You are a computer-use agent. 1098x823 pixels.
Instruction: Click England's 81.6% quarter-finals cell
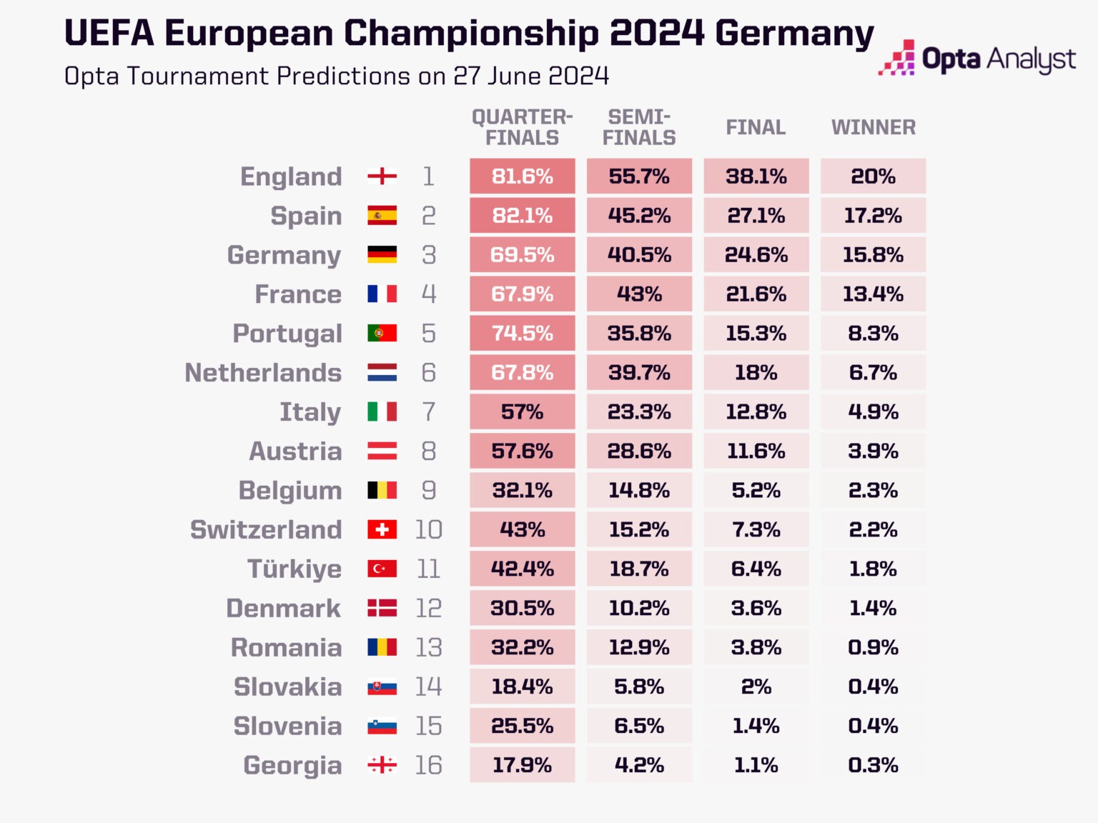point(522,176)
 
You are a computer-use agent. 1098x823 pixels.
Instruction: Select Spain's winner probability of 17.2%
point(873,216)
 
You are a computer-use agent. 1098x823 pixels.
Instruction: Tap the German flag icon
point(382,255)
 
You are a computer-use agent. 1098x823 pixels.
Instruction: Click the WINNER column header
point(873,127)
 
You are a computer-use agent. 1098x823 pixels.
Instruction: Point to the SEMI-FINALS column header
point(639,127)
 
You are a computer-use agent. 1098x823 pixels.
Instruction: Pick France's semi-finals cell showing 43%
point(639,294)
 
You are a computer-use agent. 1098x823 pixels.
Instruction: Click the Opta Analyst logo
point(977,59)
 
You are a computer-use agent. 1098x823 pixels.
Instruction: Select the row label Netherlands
point(263,373)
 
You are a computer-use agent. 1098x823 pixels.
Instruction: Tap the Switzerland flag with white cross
point(382,529)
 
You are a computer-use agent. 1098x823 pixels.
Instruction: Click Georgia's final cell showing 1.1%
point(756,765)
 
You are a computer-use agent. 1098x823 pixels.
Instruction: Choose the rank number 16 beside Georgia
point(428,765)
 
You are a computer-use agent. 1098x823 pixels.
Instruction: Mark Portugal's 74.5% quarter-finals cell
point(522,334)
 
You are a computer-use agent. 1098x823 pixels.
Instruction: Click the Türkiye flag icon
point(382,569)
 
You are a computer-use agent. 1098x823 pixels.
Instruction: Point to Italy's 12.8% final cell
point(756,412)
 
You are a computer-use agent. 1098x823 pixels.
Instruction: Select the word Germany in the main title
point(794,33)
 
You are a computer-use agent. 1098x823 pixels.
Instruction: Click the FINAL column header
point(756,127)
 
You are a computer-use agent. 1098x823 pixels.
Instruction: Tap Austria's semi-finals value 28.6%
point(639,452)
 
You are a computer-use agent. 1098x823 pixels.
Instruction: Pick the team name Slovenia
point(287,726)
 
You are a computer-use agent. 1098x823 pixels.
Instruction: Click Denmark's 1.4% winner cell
point(873,608)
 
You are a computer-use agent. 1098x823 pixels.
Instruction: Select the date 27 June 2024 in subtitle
point(531,76)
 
